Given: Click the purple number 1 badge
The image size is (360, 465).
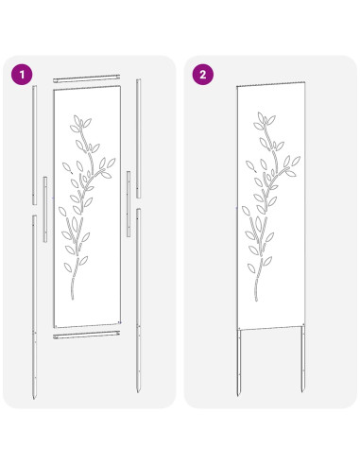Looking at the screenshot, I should (x=17, y=72).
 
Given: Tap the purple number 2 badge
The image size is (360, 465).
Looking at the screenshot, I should (x=201, y=72).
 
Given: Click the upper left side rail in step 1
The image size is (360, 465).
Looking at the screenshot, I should (x=35, y=142).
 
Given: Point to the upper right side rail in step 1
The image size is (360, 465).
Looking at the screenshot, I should (x=140, y=132).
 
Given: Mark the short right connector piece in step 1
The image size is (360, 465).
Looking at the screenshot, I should (x=129, y=191).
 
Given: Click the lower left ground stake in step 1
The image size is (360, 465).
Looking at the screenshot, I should (x=34, y=302).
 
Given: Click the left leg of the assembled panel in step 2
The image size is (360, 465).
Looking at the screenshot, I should (x=239, y=359).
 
